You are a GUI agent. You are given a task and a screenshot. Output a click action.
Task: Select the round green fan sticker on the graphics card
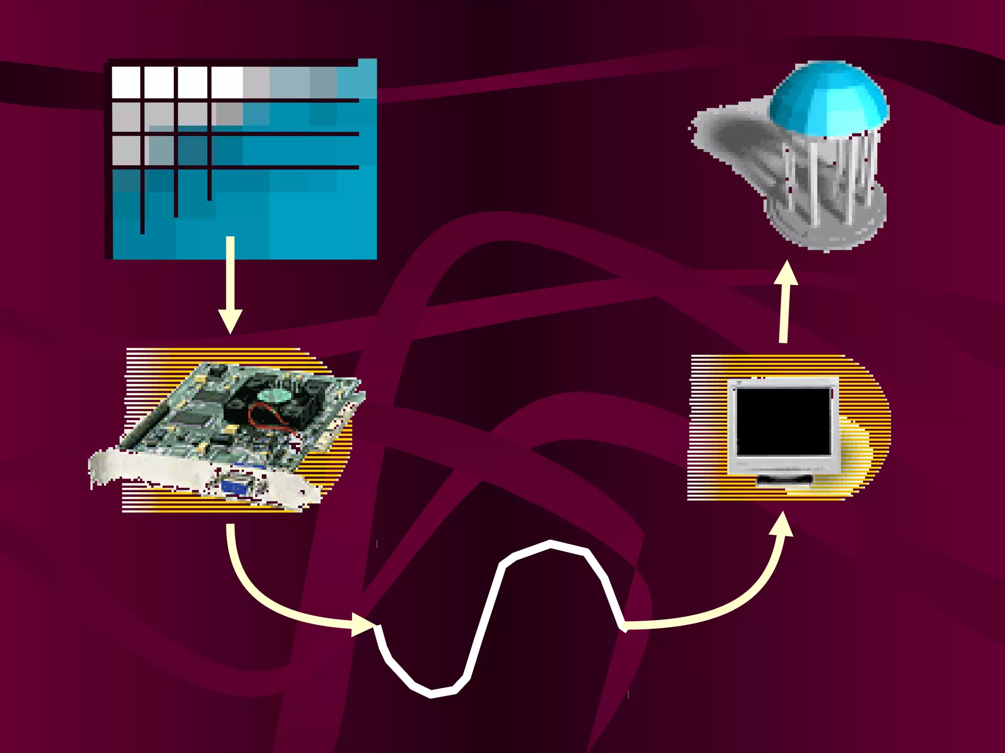[x=272, y=395]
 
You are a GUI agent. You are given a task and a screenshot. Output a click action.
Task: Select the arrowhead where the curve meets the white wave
[x=363, y=625]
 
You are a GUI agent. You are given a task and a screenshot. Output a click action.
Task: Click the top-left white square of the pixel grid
[x=126, y=82]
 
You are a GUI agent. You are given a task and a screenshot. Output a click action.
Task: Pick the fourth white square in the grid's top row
[x=227, y=82]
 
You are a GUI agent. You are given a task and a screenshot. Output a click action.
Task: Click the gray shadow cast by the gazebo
[x=736, y=137]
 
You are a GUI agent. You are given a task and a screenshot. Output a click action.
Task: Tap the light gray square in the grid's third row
[x=126, y=150]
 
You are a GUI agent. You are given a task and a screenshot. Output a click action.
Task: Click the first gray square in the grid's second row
[x=126, y=117]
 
